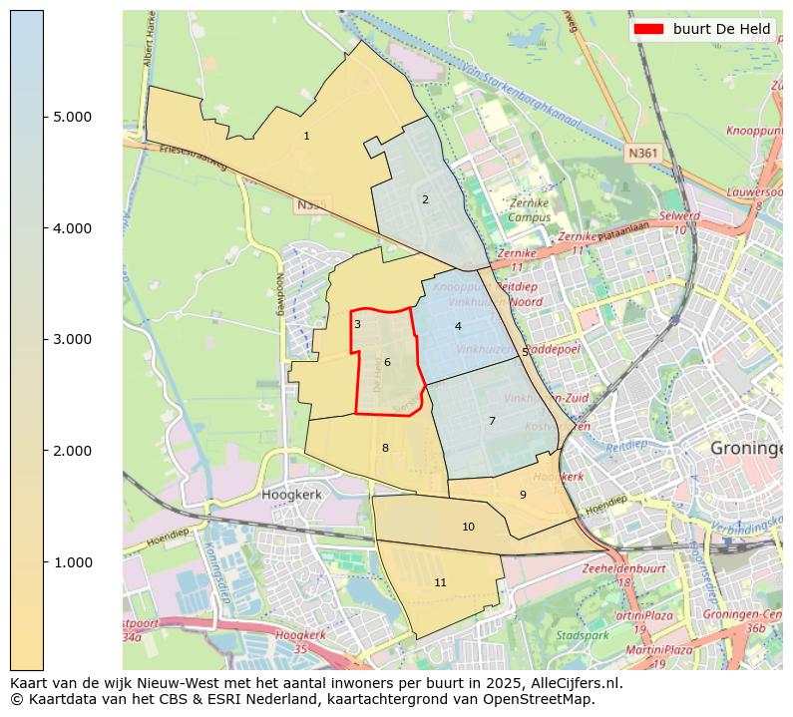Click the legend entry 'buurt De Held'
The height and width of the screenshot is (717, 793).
[x=720, y=29]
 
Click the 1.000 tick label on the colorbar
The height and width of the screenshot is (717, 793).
[x=71, y=562]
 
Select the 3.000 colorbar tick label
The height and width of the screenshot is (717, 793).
[x=71, y=340]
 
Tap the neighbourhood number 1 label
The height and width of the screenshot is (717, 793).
[x=306, y=136]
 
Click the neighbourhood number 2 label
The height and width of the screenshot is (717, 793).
[x=425, y=199]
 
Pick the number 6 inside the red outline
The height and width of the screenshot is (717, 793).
[x=387, y=362]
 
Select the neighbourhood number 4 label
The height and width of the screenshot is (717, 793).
[x=458, y=326]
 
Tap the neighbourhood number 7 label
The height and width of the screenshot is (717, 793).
[x=492, y=421]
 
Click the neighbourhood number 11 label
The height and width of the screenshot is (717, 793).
[x=440, y=582]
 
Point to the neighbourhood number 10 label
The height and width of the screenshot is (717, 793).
[x=468, y=527]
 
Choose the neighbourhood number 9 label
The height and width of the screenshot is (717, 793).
[x=523, y=495]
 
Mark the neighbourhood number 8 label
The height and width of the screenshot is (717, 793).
[x=385, y=448]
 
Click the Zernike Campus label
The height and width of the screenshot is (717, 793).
[x=529, y=209]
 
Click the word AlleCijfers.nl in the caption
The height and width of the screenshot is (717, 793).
[x=572, y=684]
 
